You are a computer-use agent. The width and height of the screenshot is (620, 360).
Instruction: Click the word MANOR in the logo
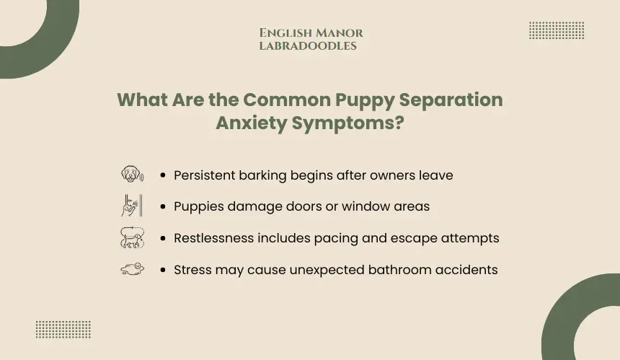(x=340, y=33)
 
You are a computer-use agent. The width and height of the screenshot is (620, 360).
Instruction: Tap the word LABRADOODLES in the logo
(x=308, y=46)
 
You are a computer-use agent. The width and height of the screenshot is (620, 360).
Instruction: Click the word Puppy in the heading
(x=365, y=100)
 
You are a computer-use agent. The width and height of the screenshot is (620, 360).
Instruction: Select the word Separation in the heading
(x=451, y=100)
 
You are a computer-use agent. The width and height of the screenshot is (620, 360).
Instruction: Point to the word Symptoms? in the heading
(x=348, y=123)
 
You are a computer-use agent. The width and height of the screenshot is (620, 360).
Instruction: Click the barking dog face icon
(x=133, y=175)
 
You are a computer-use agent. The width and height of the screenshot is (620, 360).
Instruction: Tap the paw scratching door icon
(x=132, y=206)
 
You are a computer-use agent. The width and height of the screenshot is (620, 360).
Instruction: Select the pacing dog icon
(x=132, y=237)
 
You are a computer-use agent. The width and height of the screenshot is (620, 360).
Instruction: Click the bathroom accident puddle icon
(x=133, y=269)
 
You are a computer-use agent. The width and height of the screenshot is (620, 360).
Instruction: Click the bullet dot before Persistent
(x=163, y=175)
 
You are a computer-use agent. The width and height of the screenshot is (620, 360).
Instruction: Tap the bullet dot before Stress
(x=163, y=270)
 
